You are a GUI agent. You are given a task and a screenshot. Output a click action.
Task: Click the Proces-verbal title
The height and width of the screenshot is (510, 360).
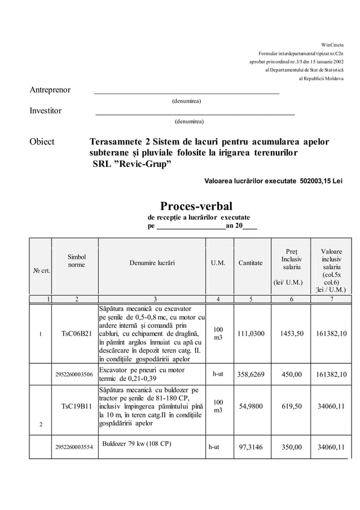[x=196, y=206]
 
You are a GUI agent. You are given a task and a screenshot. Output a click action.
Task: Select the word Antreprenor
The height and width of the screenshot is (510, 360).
[x=50, y=90]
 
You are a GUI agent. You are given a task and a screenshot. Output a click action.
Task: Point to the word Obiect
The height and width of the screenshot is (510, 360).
[x=42, y=142]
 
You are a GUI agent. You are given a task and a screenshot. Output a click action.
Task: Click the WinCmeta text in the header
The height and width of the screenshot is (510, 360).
[x=332, y=45]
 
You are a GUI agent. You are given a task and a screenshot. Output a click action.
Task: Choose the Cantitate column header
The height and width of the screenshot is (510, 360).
[x=250, y=263]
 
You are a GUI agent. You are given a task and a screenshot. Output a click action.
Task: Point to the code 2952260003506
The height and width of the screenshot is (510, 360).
[x=73, y=374]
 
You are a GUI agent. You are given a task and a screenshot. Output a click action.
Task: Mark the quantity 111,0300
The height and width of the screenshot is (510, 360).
[x=252, y=333]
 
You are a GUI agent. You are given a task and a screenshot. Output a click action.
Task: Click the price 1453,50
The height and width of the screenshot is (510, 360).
[x=292, y=333]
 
